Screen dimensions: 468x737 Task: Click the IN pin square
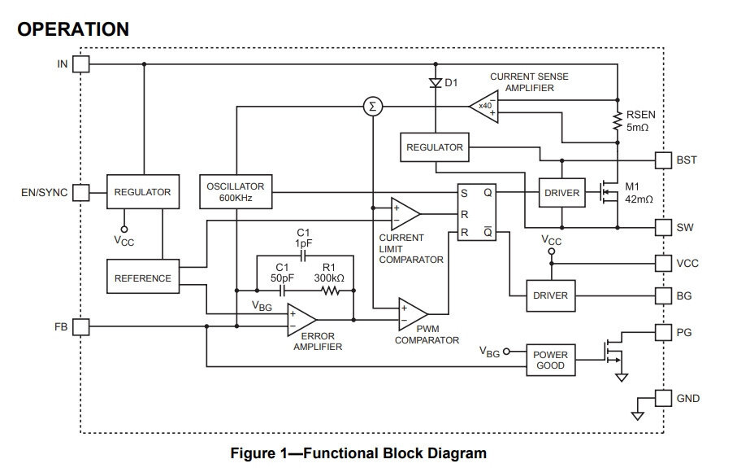click(81, 63)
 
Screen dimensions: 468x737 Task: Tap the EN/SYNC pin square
click(81, 193)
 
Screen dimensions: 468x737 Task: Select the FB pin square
click(81, 326)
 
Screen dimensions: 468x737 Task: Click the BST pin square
click(663, 160)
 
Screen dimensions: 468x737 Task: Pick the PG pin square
click(663, 332)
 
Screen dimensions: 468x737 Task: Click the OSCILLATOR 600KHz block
click(236, 192)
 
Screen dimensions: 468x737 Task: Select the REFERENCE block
click(143, 278)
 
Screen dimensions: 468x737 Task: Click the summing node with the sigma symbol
click(373, 106)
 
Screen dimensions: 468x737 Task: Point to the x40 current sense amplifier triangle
click(484, 106)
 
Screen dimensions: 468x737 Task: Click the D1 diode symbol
click(435, 82)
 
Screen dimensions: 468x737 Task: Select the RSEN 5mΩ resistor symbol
click(618, 121)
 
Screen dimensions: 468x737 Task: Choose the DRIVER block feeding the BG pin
click(551, 295)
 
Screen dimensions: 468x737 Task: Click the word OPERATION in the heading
click(73, 29)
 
